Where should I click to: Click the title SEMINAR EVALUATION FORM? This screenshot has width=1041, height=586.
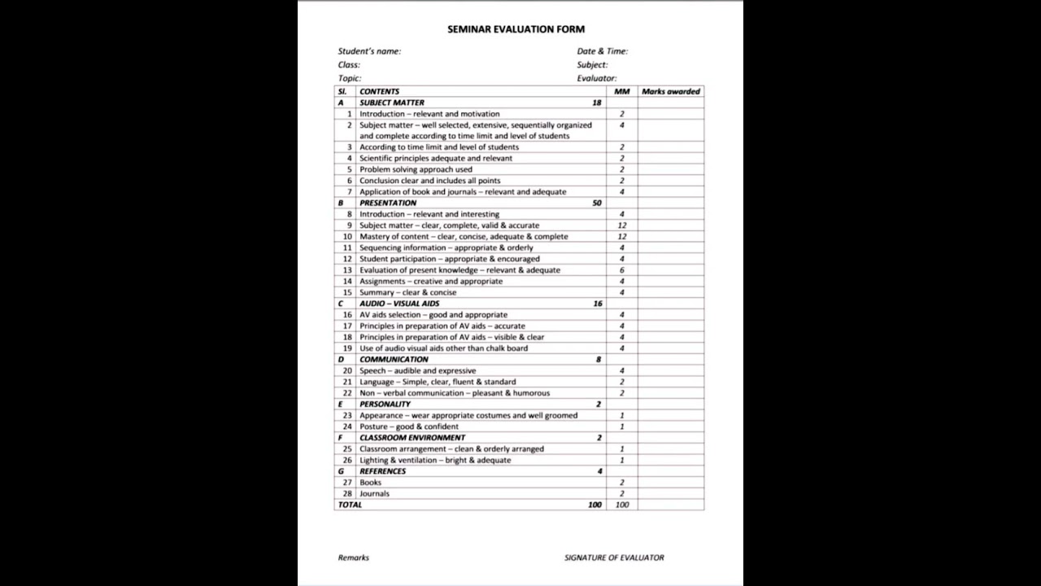[x=516, y=29]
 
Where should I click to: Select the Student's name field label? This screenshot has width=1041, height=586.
[x=369, y=51]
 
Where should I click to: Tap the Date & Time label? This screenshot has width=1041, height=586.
[x=602, y=51]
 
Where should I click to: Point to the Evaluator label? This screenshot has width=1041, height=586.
[x=597, y=78]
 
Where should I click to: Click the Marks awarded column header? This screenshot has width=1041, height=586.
[x=670, y=92]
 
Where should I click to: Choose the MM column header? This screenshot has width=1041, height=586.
[x=622, y=92]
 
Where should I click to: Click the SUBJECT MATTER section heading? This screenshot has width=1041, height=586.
[x=392, y=103]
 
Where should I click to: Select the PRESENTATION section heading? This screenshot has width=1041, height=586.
[x=388, y=203]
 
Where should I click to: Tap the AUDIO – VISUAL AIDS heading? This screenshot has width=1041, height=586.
[x=399, y=304]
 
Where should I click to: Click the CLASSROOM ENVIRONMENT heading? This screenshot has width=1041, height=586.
[x=412, y=438]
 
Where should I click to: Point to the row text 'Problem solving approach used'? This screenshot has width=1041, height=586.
[x=416, y=169]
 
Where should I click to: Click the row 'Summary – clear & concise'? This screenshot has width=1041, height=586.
[x=408, y=292]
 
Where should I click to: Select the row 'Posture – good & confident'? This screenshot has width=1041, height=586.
[x=409, y=426]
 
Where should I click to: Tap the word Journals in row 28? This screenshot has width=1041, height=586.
[x=375, y=493]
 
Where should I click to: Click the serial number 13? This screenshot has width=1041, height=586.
[x=347, y=270]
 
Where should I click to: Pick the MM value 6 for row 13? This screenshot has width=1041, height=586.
[x=622, y=270]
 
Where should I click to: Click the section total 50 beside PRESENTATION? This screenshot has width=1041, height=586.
[x=597, y=203]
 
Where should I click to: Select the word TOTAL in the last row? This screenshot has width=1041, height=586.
[x=351, y=505]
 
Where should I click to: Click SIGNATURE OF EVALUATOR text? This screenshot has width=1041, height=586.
[x=614, y=558]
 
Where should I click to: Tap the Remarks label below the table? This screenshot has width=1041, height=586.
[x=353, y=558]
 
